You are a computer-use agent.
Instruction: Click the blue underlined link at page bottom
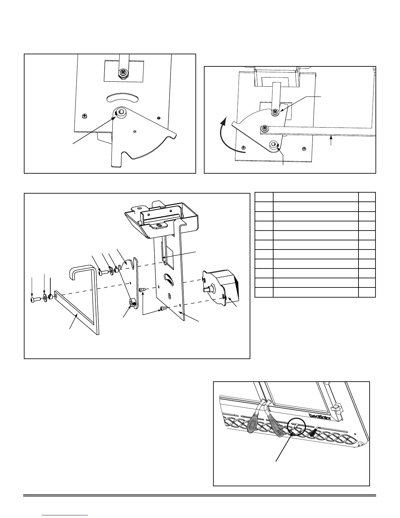point(65,515)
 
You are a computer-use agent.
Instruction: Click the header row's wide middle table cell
point(315,197)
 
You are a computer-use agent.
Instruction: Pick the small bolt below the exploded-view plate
point(164,308)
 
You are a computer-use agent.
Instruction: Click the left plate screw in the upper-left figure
point(84,115)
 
